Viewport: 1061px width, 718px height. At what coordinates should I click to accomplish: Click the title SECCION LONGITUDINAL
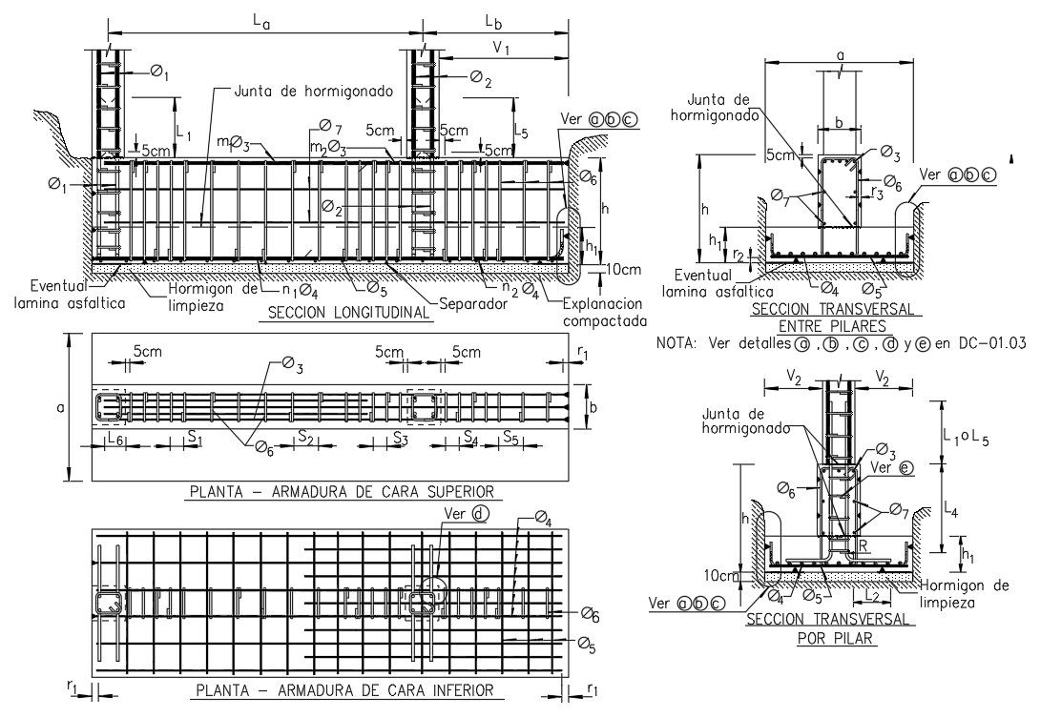[348, 314]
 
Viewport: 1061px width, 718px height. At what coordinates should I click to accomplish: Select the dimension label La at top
[263, 20]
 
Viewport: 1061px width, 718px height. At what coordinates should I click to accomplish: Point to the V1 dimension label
[502, 49]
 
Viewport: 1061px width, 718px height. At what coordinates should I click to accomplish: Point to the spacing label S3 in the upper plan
[401, 438]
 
